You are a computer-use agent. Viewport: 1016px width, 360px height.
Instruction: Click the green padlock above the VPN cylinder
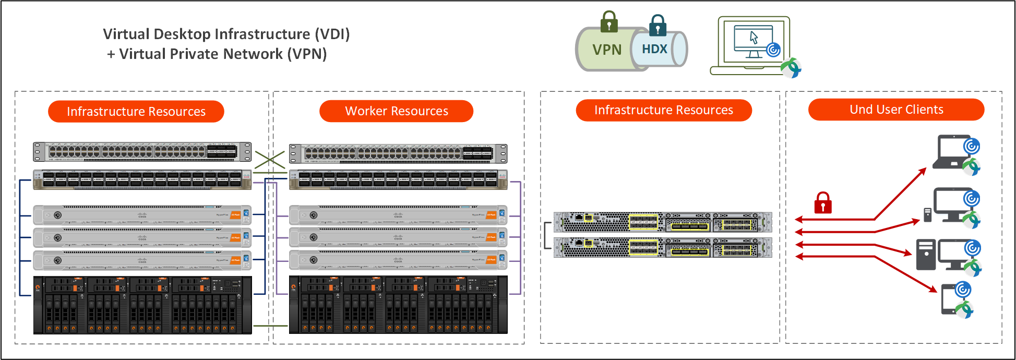pos(609,22)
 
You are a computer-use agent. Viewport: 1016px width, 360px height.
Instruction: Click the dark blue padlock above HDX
pos(658,25)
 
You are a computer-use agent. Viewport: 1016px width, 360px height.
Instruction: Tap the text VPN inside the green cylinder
pos(607,50)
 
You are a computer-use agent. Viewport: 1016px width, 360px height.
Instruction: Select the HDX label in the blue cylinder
pos(654,49)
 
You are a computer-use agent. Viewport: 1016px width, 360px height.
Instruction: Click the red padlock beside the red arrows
pos(823,203)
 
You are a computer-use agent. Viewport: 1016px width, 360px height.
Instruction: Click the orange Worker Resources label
pos(396,111)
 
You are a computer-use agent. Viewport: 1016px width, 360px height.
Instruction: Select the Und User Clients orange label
pos(896,110)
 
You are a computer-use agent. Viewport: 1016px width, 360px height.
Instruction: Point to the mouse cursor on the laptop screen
pos(754,37)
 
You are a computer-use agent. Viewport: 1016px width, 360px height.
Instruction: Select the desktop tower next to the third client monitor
pos(926,255)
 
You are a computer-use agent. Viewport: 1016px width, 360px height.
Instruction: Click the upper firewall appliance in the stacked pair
pos(662,222)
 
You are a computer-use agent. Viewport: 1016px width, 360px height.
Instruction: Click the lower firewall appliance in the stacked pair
pos(662,247)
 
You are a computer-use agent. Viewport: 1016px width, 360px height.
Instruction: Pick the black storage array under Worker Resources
pos(398,305)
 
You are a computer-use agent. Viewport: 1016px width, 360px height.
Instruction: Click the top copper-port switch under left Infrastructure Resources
pos(142,152)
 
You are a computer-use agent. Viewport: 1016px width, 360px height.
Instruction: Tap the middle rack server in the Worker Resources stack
pos(398,237)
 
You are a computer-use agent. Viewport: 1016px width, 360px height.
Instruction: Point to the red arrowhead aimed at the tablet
pos(933,289)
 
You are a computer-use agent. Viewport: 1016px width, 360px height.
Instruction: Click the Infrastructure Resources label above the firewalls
pos(663,110)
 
